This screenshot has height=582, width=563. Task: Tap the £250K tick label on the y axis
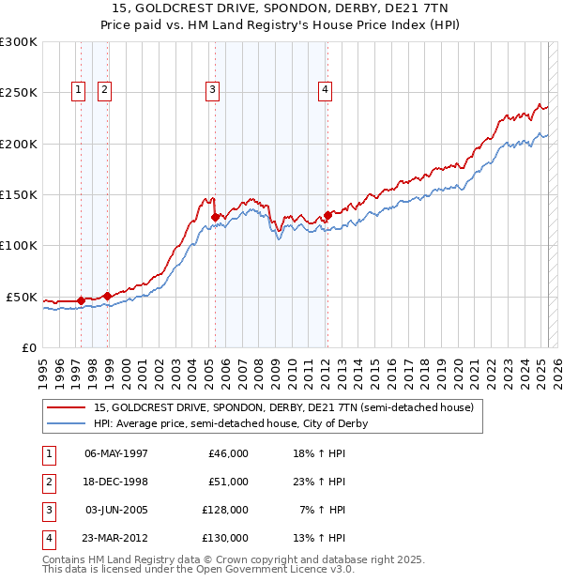point(19,93)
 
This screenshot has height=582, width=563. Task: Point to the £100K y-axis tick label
point(19,245)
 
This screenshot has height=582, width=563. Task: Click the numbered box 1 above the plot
point(77,90)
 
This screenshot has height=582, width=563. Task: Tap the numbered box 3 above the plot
point(213,90)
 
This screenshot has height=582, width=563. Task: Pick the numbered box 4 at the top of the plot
point(325,90)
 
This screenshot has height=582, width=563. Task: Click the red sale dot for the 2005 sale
point(215,217)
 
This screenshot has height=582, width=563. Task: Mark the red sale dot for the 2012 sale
point(327,215)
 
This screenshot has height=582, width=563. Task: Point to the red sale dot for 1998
point(108,296)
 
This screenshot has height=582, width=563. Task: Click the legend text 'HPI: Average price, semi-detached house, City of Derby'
point(230,423)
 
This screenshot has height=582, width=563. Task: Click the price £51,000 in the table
point(229,482)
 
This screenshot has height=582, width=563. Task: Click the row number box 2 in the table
point(48,482)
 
